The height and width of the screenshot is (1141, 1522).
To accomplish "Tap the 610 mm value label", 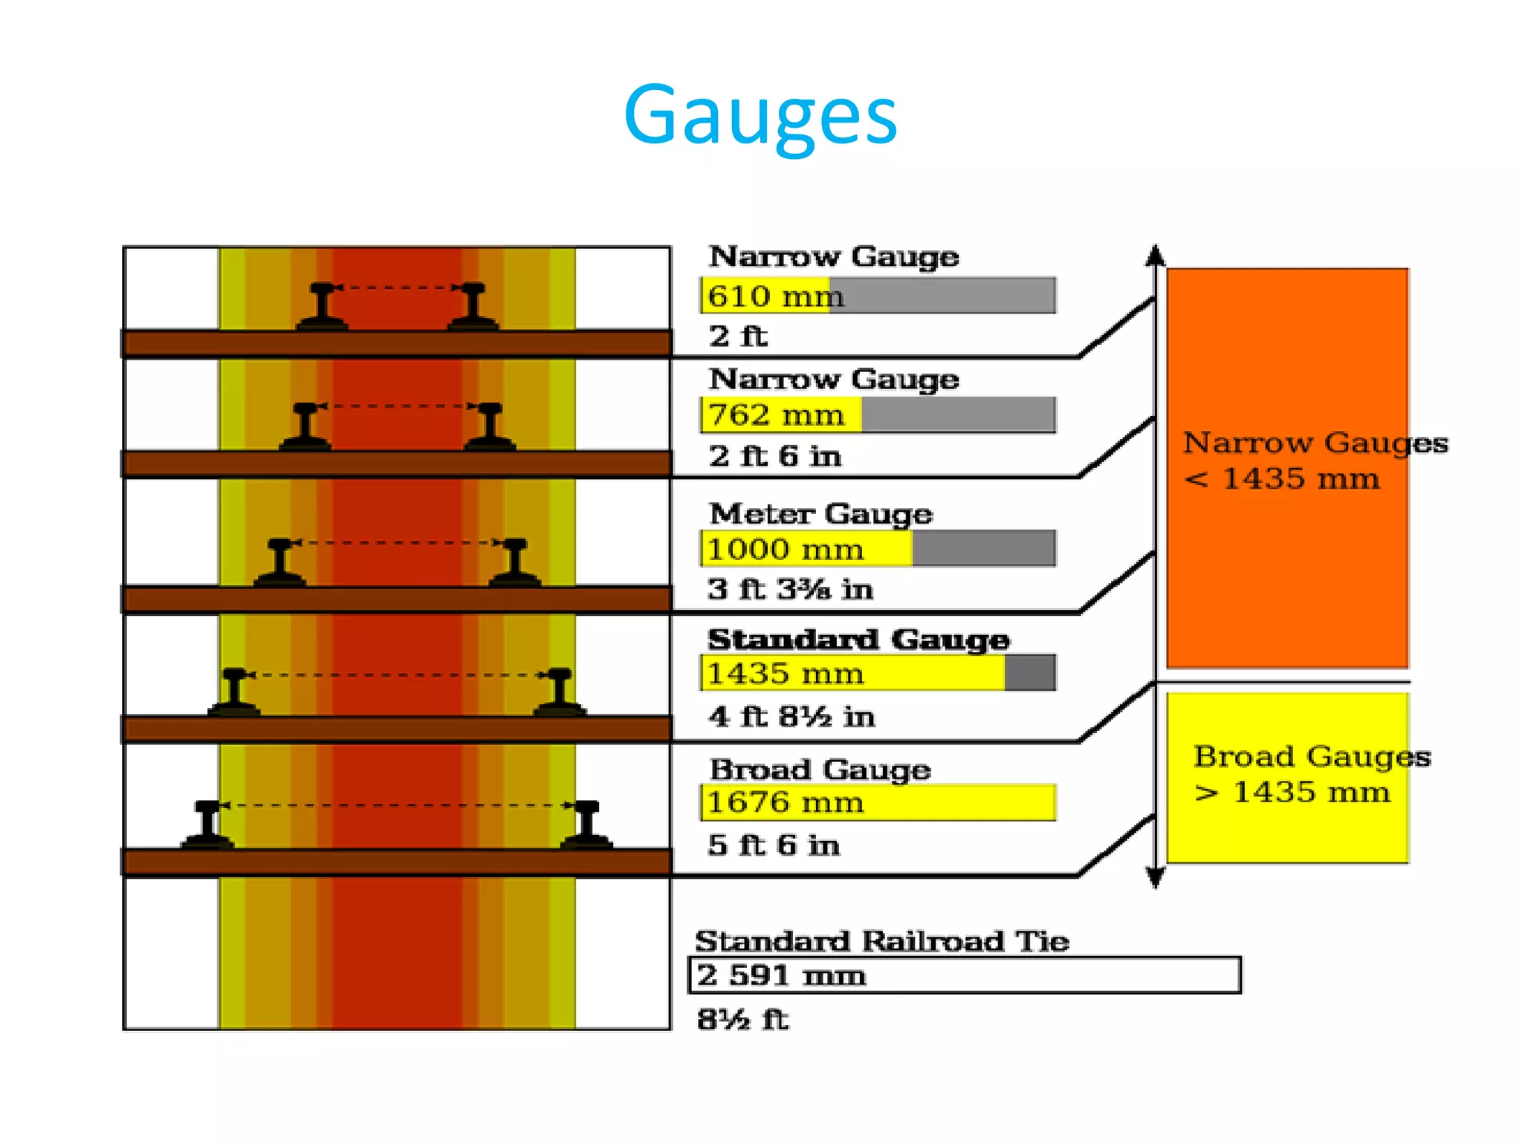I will [x=775, y=296].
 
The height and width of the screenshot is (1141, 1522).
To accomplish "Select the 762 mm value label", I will [x=776, y=415].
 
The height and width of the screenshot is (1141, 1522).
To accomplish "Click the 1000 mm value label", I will [x=785, y=550].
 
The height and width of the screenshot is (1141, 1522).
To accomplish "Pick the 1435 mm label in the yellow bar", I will [x=785, y=674].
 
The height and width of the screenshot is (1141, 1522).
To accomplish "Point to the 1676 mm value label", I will [x=785, y=803].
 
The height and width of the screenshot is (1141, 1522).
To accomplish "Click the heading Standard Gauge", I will [x=858, y=640].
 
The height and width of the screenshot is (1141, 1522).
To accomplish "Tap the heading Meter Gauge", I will [x=820, y=514].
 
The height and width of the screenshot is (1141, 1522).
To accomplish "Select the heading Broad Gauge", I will [x=820, y=770].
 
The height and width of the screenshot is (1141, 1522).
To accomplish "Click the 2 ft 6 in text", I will [x=775, y=456].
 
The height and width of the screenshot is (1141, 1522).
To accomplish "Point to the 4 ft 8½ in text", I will [x=791, y=717].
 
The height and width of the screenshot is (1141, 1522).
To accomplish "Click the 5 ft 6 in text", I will [x=774, y=845].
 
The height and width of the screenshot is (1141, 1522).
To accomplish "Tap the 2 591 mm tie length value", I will [x=781, y=975].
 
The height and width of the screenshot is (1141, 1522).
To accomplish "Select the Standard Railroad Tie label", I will [x=882, y=942].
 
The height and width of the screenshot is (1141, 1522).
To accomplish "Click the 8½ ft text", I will [x=742, y=1019].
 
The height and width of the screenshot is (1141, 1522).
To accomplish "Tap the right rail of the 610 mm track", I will [x=473, y=306].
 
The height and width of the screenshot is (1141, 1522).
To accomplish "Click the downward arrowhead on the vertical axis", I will [x=1155, y=879].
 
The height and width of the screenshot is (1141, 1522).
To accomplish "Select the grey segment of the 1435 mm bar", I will [x=1030, y=673].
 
